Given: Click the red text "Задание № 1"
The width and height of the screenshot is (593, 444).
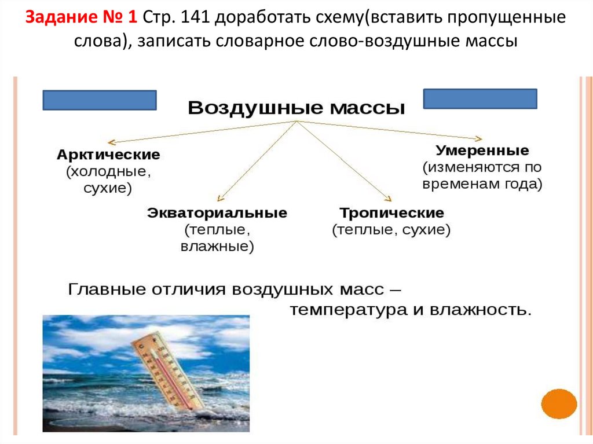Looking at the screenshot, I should pyautogui.click(x=81, y=18).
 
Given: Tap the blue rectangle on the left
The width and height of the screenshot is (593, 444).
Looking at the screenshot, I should pyautogui.click(x=100, y=100).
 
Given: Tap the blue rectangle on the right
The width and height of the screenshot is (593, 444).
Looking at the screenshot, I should pyautogui.click(x=480, y=98).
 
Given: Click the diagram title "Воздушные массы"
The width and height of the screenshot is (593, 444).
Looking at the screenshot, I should pyautogui.click(x=296, y=108).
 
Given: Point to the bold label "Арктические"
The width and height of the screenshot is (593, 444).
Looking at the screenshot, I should pyautogui.click(x=108, y=155).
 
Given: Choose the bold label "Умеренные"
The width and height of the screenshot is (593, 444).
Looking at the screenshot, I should pyautogui.click(x=482, y=151).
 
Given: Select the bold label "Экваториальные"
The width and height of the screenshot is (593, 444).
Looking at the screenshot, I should pyautogui.click(x=217, y=212).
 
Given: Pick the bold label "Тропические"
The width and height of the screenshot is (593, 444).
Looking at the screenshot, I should pyautogui.click(x=392, y=212).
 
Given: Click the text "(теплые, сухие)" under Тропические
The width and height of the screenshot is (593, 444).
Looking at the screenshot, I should pyautogui.click(x=391, y=230).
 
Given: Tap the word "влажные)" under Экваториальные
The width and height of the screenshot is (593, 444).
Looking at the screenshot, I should pyautogui.click(x=217, y=247).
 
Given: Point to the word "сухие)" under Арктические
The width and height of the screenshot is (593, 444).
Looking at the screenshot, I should pyautogui.click(x=108, y=188).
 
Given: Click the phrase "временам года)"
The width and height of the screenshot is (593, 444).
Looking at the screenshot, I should pyautogui.click(x=482, y=184).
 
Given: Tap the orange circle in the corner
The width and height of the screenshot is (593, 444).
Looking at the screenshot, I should pyautogui.click(x=559, y=403).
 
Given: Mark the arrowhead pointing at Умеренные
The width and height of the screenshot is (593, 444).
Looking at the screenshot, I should pyautogui.click(x=478, y=138).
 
